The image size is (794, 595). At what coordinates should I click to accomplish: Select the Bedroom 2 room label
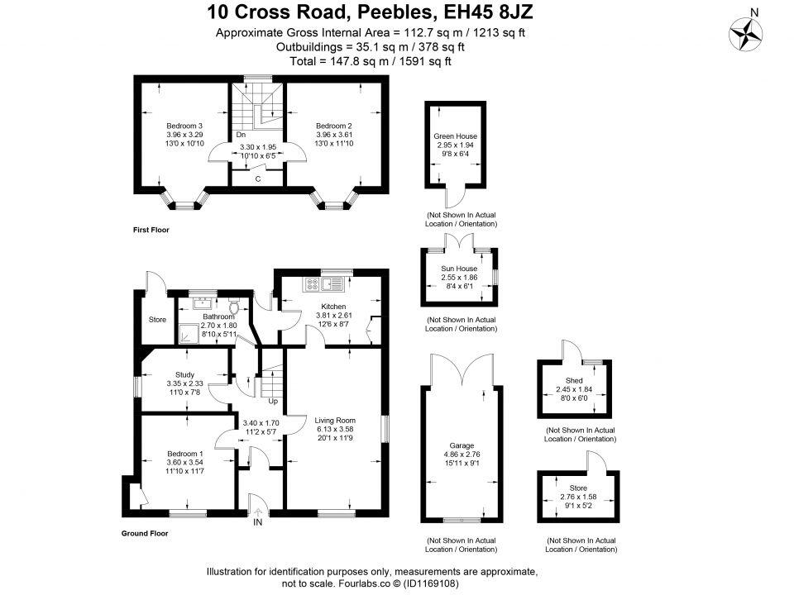coord(334,126)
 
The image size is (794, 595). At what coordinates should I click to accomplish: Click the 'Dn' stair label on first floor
coord(241,134)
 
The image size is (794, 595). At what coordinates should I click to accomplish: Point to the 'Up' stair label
coord(273,402)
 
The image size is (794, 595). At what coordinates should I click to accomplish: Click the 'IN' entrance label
coord(258,522)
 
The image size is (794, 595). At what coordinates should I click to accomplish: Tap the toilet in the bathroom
coord(234,307)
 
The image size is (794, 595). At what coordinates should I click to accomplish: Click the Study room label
coord(184,374)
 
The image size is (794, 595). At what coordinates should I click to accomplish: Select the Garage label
coord(457,445)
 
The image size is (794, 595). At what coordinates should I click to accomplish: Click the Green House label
coord(456,136)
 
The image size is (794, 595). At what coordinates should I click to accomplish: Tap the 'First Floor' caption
coord(151,230)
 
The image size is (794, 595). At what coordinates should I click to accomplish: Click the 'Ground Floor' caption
coord(145,533)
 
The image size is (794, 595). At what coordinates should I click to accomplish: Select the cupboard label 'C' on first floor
coord(258,178)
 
